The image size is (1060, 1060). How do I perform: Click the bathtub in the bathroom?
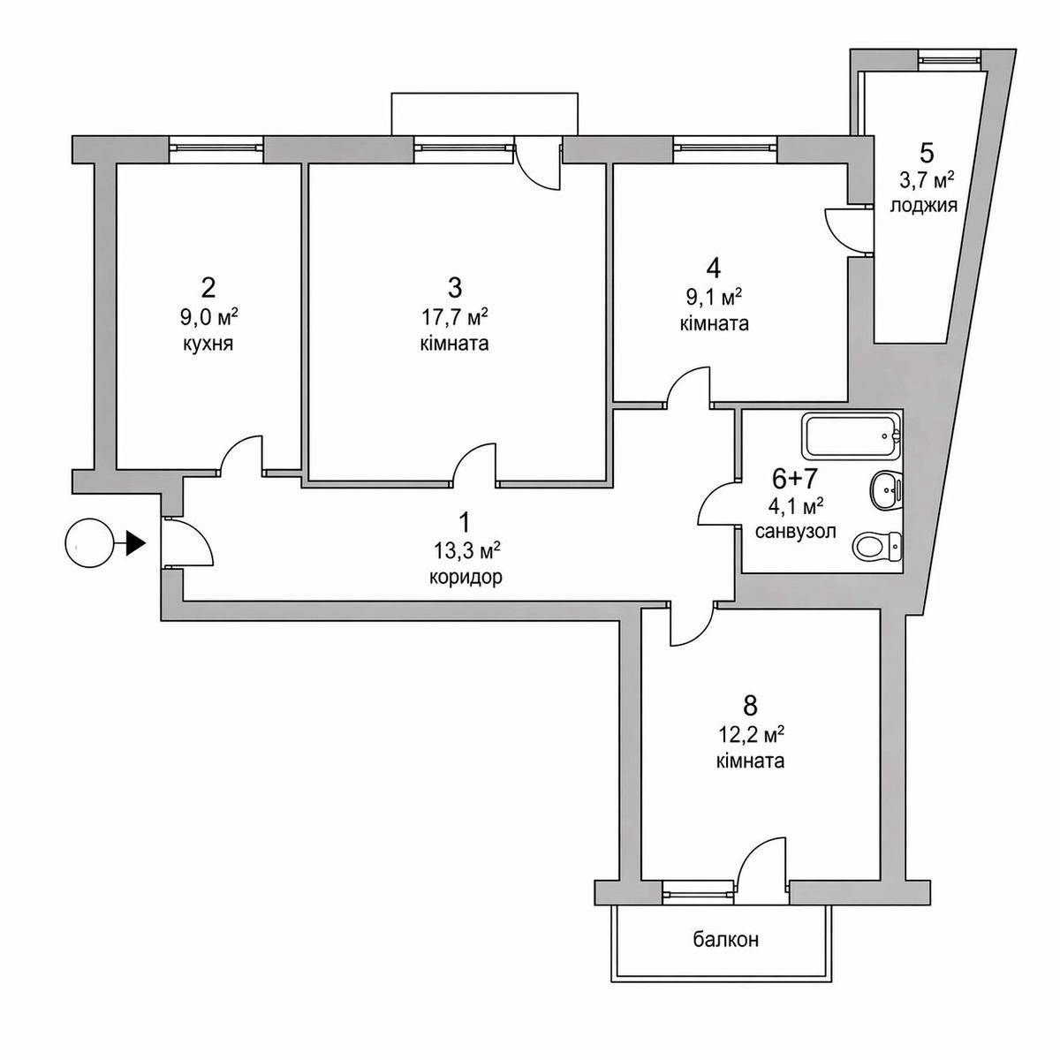click(851, 435)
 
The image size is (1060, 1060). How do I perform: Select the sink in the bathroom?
click(884, 488)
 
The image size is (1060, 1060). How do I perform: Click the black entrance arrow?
click(134, 542)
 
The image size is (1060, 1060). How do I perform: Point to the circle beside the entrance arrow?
click(90, 543)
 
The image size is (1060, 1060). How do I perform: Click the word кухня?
click(208, 343)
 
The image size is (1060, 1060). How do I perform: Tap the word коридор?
click(466, 579)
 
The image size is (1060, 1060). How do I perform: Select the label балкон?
click(725, 940)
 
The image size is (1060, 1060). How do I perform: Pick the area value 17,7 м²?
click(455, 316)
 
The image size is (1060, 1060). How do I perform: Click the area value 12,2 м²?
click(751, 733)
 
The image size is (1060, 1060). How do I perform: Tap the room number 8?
click(751, 705)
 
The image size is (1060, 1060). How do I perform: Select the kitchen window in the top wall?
click(216, 148)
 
